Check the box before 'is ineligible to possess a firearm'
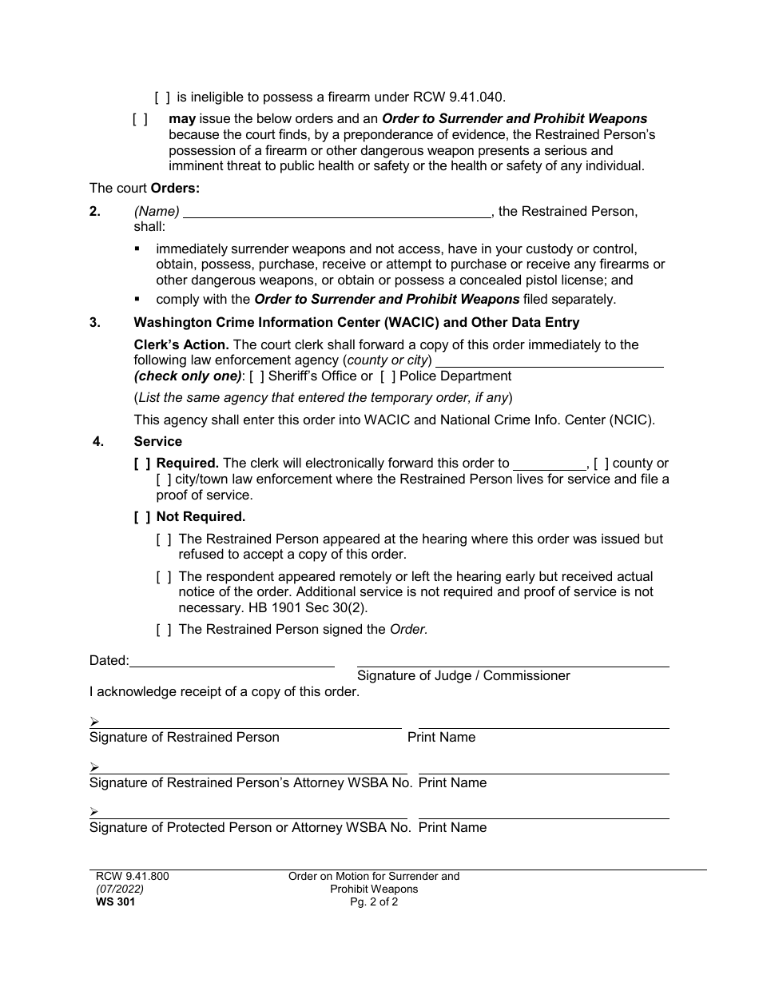(162, 98)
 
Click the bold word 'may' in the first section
(182, 119)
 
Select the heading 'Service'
(158, 441)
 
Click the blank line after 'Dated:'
(232, 662)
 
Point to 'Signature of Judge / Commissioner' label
(463, 676)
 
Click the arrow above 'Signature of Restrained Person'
(94, 722)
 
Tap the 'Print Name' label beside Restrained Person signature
(441, 738)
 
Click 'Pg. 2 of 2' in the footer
(374, 902)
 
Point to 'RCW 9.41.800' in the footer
(132, 877)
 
